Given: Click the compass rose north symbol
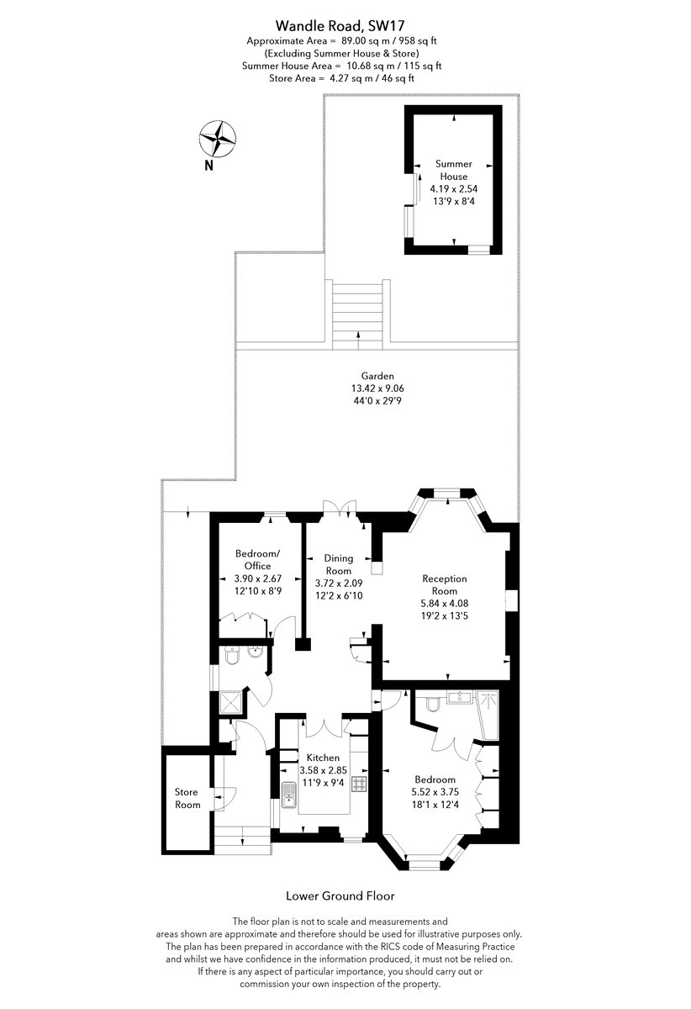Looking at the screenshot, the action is (218, 139).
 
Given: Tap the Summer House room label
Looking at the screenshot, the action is (454, 170).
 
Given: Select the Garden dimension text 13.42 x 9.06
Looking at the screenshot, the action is (377, 388).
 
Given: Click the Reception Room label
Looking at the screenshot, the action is (444, 584).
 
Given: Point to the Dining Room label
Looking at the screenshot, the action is (338, 564).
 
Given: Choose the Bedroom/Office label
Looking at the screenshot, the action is (258, 559).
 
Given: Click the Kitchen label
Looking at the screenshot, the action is (323, 758).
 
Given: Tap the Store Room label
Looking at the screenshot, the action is (187, 798).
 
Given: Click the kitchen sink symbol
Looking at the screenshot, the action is (288, 795).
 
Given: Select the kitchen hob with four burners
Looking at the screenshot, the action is (360, 784).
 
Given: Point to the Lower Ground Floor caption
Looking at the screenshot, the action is (340, 896).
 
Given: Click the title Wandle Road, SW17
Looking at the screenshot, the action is (340, 24).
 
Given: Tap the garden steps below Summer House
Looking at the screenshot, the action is (357, 314).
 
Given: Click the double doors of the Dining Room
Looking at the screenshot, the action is (340, 506).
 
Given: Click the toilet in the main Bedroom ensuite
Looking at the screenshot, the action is (432, 704).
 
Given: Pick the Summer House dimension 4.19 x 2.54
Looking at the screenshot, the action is (454, 188).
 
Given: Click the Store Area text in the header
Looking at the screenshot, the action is (341, 78).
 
